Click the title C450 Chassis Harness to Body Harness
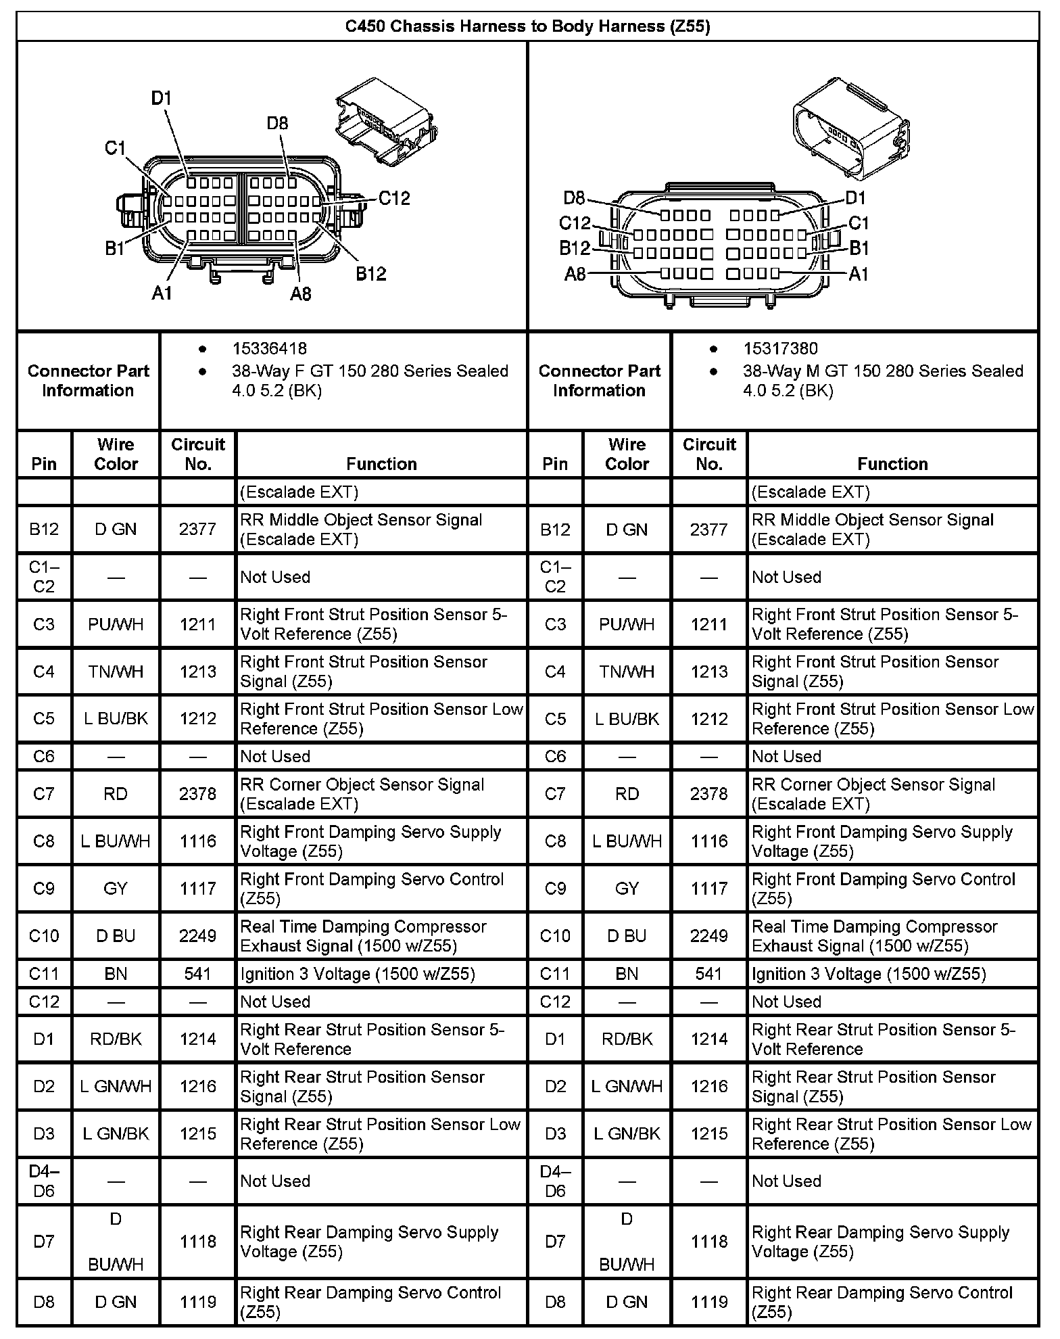[527, 26]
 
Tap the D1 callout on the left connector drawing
[161, 99]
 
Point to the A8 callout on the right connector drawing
[575, 274]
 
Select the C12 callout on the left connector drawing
[394, 198]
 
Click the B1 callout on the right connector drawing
[859, 248]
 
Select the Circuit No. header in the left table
[197, 454]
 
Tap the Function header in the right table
[892, 463]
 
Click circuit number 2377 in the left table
[197, 529]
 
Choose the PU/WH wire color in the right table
[627, 624]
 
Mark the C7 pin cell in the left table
[44, 793]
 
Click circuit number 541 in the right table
[708, 973]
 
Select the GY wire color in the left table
[116, 888]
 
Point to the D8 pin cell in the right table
[555, 1301]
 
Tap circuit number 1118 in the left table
[197, 1241]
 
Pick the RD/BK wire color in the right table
[627, 1038]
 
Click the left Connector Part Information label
[88, 380]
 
